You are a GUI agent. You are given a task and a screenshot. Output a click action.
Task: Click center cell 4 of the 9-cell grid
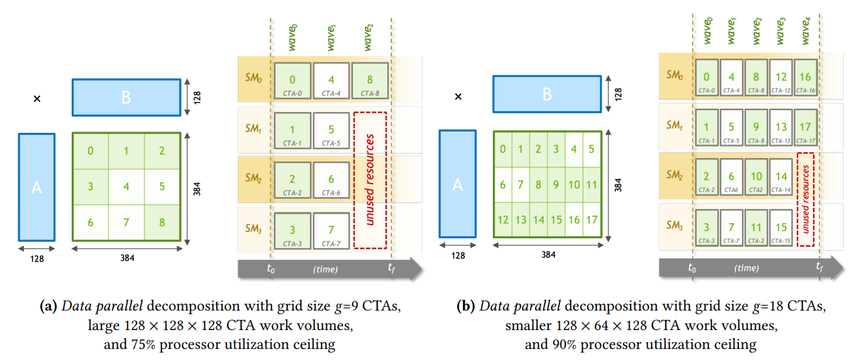126,187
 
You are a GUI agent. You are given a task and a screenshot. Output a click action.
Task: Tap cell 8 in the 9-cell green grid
161,223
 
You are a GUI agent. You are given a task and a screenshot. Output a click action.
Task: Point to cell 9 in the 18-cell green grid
555,185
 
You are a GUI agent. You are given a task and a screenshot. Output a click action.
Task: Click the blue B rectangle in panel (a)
126,97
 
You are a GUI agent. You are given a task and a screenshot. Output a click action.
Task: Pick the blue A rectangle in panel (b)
457,184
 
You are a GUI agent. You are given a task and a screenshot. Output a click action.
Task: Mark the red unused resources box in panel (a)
370,180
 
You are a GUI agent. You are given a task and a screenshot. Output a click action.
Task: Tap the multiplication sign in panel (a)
37,99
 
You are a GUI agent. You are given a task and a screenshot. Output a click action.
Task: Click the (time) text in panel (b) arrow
746,268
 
